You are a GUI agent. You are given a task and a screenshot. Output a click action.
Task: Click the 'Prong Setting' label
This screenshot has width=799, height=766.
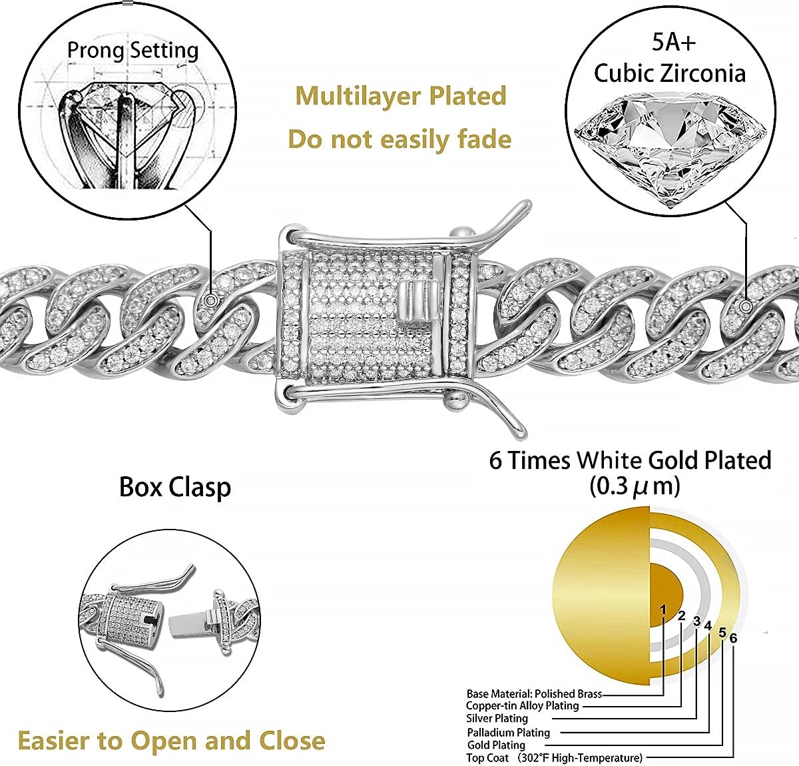[133, 50]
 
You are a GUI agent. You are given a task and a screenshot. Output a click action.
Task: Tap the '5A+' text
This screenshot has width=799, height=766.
[673, 42]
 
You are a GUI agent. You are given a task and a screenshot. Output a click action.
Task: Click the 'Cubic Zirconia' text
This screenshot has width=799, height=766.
[669, 73]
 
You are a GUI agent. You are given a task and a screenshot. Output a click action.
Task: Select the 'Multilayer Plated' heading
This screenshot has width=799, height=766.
[401, 96]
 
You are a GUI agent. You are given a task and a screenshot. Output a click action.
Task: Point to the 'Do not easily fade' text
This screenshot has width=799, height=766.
[400, 139]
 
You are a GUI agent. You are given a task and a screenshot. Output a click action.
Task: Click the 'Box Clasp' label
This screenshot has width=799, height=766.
[175, 487]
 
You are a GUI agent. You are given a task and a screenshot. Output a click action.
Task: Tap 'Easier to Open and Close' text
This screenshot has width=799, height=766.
[171, 740]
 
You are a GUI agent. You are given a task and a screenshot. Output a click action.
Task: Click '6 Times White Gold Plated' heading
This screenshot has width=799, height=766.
[630, 460]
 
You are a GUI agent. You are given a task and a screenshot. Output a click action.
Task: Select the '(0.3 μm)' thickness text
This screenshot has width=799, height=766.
[635, 486]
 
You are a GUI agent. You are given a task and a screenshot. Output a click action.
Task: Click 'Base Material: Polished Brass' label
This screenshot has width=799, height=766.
[534, 693]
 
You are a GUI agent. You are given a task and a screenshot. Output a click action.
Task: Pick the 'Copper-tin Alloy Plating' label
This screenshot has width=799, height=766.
[522, 705]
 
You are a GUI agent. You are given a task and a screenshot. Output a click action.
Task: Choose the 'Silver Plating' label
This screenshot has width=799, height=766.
[497, 718]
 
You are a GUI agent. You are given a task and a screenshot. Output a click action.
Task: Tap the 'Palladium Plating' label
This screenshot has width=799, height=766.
[508, 732]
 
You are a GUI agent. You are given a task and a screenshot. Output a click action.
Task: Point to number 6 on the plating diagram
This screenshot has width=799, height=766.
[733, 638]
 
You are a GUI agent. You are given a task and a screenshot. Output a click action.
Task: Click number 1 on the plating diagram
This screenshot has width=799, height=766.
[663, 609]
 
